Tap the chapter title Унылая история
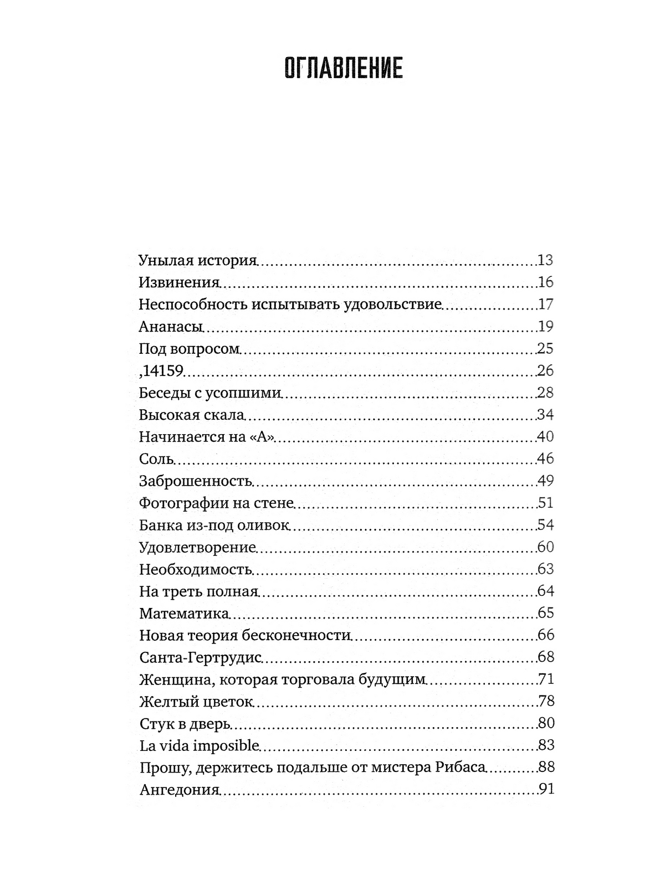(198, 260)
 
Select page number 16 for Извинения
(545, 282)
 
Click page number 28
(545, 393)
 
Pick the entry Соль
(157, 459)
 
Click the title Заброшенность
(196, 481)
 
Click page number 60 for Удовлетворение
(545, 547)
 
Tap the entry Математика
(184, 614)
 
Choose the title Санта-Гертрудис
(200, 657)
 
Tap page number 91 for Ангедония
(546, 790)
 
